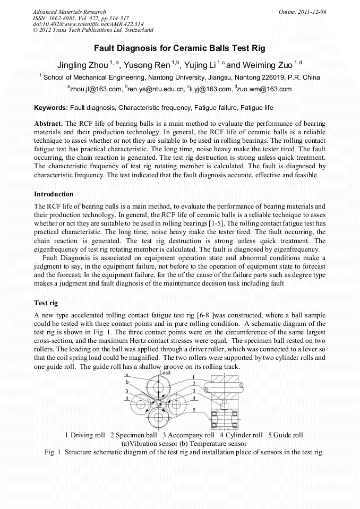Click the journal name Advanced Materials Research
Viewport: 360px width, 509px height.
(x=69, y=11)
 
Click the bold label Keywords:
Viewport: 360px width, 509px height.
(x=50, y=108)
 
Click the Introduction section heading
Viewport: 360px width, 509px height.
(x=54, y=194)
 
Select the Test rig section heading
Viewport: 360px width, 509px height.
(x=46, y=303)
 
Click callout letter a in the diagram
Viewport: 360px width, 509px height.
(x=126, y=375)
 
